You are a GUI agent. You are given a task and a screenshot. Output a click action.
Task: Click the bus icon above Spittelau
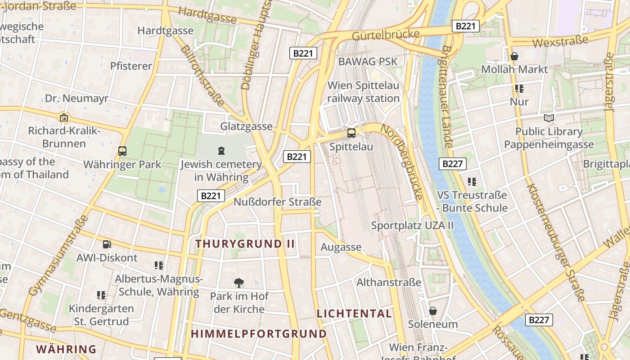point(351,133)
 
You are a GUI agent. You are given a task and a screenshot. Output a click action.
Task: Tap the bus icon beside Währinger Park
point(122,151)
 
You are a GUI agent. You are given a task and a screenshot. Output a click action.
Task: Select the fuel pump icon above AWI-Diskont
point(107,244)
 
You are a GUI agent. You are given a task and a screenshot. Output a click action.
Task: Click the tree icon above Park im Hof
point(239,283)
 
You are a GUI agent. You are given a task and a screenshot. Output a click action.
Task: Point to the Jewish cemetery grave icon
point(221,150)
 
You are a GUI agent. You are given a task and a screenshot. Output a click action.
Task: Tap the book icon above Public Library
point(549,118)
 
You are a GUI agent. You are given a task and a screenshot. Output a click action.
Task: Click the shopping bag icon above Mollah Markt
point(514,56)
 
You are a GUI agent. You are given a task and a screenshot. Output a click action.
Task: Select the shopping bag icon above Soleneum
point(432,310)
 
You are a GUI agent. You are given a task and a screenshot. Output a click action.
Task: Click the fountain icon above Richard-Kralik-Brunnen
point(64,117)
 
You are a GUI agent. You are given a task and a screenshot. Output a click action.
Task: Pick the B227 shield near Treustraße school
point(453,164)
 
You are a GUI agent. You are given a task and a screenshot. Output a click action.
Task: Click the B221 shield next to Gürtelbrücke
point(465,26)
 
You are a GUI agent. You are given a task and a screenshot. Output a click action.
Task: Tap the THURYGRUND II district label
point(245,244)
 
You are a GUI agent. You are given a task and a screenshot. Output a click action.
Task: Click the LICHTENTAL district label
point(354,314)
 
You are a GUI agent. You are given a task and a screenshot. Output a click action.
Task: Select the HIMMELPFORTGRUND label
point(259,334)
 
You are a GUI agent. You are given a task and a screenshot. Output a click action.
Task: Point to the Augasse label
point(341,247)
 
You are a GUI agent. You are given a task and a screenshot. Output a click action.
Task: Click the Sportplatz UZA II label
point(412,225)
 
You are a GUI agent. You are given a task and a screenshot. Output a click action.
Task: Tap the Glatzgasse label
point(246,127)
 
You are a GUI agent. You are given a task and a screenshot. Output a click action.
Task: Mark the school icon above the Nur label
point(519,89)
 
